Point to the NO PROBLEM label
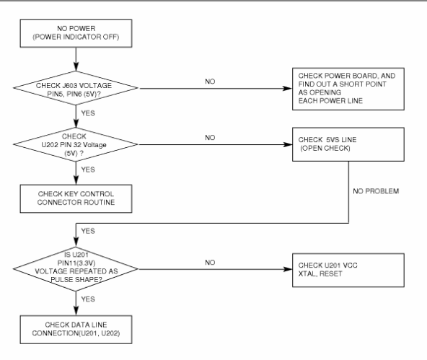coord(376,191)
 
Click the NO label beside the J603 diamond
coord(210,82)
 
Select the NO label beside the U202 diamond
coord(210,138)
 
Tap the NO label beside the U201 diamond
coord(210,262)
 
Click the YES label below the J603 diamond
coord(88,113)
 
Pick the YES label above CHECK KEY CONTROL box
coord(88,170)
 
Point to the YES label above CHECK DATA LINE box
coord(88,299)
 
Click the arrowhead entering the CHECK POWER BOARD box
coord(287,88)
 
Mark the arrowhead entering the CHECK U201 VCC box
coord(287,269)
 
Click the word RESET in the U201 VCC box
coord(330,273)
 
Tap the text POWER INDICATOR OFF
coord(76,37)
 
